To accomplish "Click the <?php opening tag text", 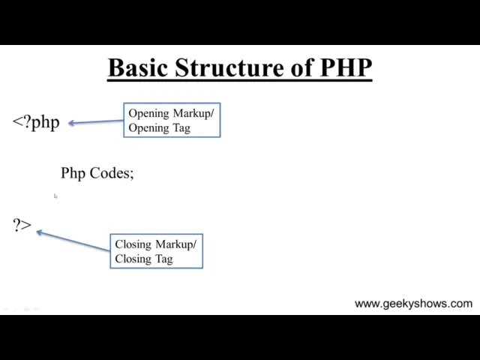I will coord(36,122).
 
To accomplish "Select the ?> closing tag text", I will coord(22,224).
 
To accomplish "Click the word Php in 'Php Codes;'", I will coord(73,173).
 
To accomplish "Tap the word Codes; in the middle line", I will coord(112,173).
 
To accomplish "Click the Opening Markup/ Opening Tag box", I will coord(172,120).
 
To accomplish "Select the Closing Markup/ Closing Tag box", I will coord(156,251).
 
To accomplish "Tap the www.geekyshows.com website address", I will coord(413,304).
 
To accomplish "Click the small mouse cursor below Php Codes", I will coord(55,196).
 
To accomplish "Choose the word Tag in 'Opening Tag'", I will coord(181,127).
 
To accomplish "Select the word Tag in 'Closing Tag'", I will coord(163,259).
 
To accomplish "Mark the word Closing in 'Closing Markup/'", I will coord(133,244).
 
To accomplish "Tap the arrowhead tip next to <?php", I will coord(70,123).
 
